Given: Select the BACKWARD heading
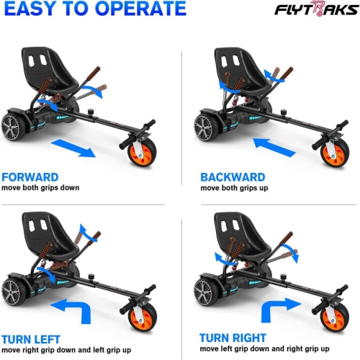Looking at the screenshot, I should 233,176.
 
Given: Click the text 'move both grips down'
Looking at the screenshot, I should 40,188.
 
